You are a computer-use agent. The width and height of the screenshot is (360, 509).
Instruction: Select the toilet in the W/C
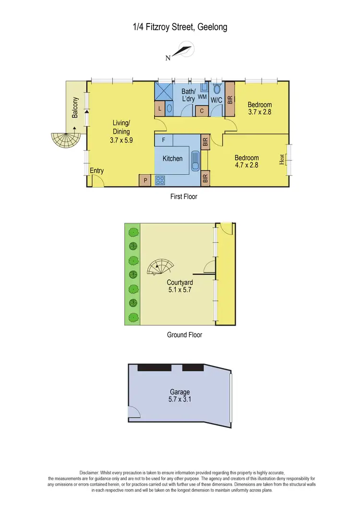tap(216, 89)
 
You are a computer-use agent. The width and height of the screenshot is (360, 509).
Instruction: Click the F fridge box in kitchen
tap(164, 140)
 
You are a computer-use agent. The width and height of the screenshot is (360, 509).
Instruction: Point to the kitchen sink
tap(195, 160)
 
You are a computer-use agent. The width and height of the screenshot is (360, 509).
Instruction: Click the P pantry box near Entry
tap(144, 180)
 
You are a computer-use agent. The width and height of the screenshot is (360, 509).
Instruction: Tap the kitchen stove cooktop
tap(160, 180)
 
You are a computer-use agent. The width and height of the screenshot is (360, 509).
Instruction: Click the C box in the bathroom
tap(202, 111)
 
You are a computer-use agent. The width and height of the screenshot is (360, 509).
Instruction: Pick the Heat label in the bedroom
tap(282, 159)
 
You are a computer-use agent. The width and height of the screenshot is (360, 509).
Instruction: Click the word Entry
tap(96, 171)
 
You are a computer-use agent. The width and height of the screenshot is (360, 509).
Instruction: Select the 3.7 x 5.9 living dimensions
tap(121, 141)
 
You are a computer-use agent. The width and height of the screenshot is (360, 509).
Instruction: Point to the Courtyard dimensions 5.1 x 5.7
tap(180, 290)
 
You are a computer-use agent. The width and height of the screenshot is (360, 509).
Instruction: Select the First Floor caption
tap(184, 197)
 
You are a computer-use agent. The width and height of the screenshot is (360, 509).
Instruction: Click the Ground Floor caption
tap(184, 335)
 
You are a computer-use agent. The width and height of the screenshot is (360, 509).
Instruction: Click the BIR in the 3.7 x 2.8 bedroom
tap(229, 99)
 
